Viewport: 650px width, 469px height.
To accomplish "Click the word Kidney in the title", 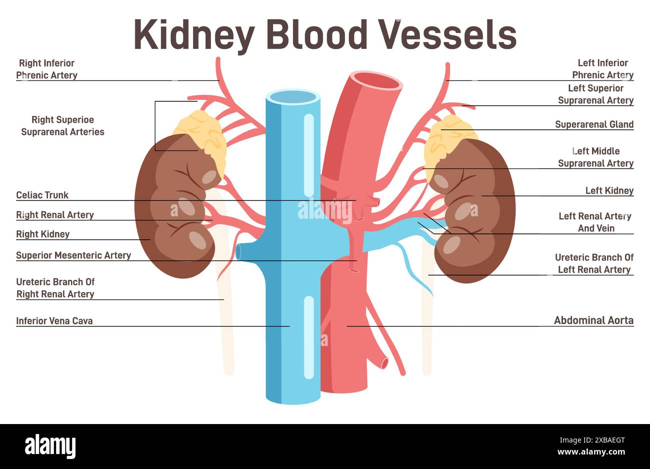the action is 194,35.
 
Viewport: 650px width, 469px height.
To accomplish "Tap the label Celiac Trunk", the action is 42,195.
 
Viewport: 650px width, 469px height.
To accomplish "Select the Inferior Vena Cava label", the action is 54,321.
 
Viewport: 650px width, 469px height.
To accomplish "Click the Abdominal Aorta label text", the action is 593,320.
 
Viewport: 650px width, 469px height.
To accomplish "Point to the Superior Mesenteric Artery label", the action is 73,255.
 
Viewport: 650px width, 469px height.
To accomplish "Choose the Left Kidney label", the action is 609,191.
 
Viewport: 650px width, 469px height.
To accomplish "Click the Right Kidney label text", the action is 43,234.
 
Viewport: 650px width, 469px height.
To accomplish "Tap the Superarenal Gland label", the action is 594,124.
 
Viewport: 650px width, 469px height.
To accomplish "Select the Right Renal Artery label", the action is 55,215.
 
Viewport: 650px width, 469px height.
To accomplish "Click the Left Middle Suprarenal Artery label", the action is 595,157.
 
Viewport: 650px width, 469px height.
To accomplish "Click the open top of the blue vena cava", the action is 293,97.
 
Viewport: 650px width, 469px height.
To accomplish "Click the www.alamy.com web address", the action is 591,452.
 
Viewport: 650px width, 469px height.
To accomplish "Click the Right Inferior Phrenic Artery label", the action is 46,69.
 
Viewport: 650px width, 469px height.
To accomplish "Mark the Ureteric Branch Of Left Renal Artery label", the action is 594,264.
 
